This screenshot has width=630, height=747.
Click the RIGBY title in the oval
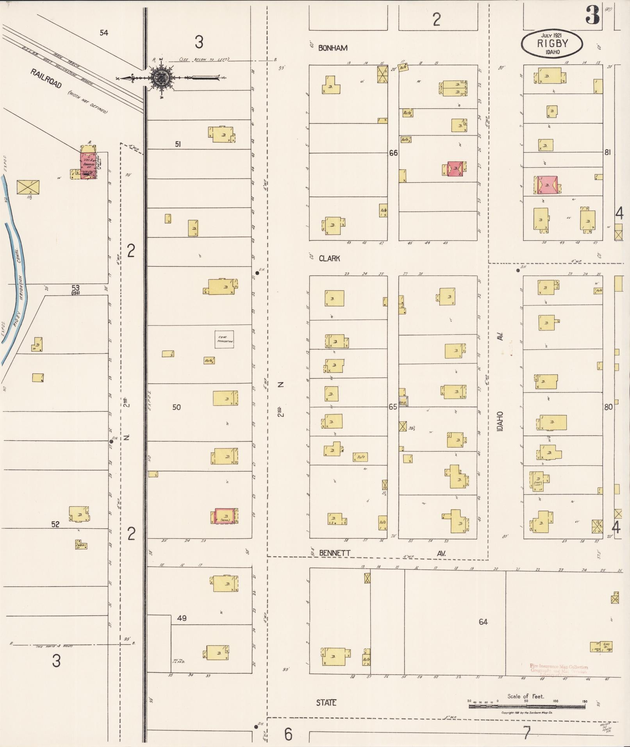[552, 44]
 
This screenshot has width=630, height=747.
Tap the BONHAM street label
[333, 48]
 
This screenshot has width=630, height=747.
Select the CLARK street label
[329, 259]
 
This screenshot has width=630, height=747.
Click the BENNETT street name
[334, 553]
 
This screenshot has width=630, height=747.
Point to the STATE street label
[326, 703]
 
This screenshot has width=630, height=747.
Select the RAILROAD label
[46, 78]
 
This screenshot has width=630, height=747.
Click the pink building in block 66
[455, 168]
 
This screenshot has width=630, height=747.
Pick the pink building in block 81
[547, 185]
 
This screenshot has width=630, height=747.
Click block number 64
[483, 622]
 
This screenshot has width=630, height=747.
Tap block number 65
[393, 407]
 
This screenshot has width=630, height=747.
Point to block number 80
[608, 407]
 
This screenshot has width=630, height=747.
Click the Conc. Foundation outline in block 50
[225, 339]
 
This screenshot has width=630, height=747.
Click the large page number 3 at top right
[592, 16]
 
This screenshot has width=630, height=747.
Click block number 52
[55, 524]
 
